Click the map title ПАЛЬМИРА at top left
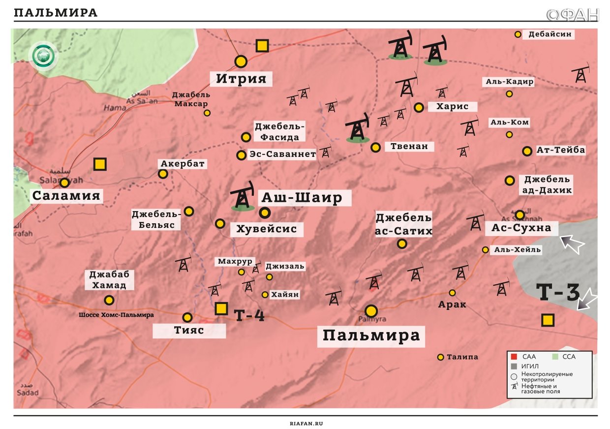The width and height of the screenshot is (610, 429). [x=56, y=13]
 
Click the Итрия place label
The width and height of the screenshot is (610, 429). [x=241, y=79]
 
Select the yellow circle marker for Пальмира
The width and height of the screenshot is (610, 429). [x=371, y=311]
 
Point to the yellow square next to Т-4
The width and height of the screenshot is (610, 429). [x=221, y=308]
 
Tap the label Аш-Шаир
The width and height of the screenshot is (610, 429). [x=301, y=198]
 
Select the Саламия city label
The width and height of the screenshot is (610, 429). [x=66, y=196]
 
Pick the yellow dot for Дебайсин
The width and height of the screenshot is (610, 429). [x=518, y=34]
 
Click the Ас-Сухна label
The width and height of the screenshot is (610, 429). [x=524, y=228]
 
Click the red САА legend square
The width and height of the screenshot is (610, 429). [x=513, y=357]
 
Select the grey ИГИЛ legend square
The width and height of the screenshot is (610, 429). [x=513, y=367]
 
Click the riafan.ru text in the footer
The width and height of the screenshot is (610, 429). [x=305, y=423]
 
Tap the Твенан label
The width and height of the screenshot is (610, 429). [x=409, y=146]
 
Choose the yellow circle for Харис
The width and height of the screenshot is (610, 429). [x=419, y=107]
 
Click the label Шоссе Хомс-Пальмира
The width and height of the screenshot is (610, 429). [x=116, y=314]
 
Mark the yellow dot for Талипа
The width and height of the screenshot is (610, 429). [x=441, y=357]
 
